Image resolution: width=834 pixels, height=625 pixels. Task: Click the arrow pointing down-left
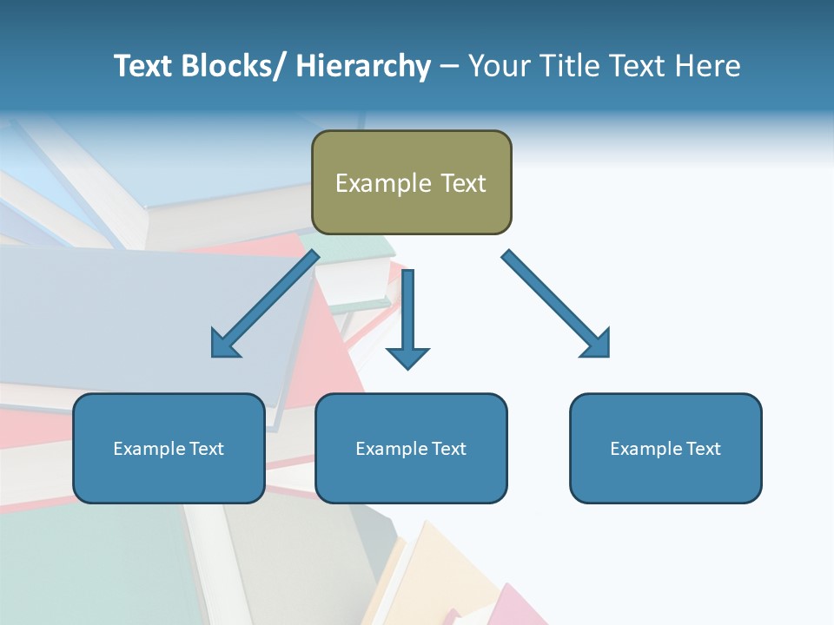[266, 304]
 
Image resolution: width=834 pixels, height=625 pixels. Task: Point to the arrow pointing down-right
[555, 303]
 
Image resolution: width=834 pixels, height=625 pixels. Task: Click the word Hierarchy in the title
[362, 66]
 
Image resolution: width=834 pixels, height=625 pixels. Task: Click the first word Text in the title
[144, 66]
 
